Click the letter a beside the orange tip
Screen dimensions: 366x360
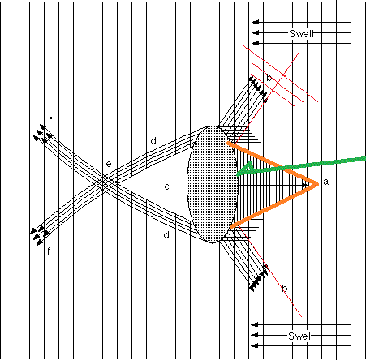tap(325, 182)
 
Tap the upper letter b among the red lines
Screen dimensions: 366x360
tap(269, 78)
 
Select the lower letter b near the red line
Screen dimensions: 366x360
tap(284, 289)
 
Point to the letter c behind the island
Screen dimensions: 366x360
tap(167, 186)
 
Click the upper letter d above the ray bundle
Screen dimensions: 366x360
tap(153, 141)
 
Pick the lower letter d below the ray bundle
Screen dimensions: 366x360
tap(166, 235)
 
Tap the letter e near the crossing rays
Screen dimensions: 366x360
tap(109, 164)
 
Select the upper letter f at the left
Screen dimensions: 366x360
tap(50, 121)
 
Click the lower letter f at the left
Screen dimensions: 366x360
tap(49, 251)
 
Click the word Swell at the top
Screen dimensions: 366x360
tap(302, 34)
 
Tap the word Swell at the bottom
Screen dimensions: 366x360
tap(301, 336)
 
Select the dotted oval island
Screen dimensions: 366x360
tap(213, 184)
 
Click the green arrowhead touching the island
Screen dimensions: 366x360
tap(245, 169)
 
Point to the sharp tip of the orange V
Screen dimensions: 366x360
tap(318, 184)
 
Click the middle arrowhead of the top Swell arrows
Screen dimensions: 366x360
tap(255, 32)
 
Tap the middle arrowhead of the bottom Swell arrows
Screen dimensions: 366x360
tap(255, 335)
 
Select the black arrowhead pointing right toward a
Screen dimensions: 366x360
tap(305, 186)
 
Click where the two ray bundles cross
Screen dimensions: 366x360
tap(104, 182)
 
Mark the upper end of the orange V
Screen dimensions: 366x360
tap(228, 143)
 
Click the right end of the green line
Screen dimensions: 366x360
tap(364, 159)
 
